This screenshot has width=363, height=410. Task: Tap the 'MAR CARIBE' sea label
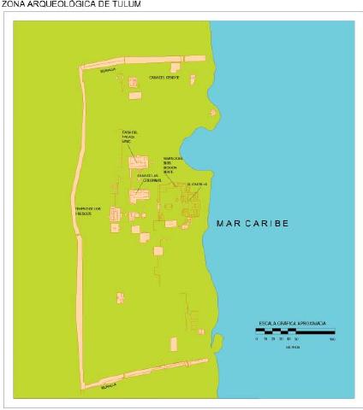click(x=252, y=223)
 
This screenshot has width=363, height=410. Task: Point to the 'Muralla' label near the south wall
click(x=108, y=385)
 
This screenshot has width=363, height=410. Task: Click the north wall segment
click(x=137, y=61)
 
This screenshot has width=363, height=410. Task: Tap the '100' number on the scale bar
click(x=330, y=339)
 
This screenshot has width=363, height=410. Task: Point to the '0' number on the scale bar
click(x=256, y=339)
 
